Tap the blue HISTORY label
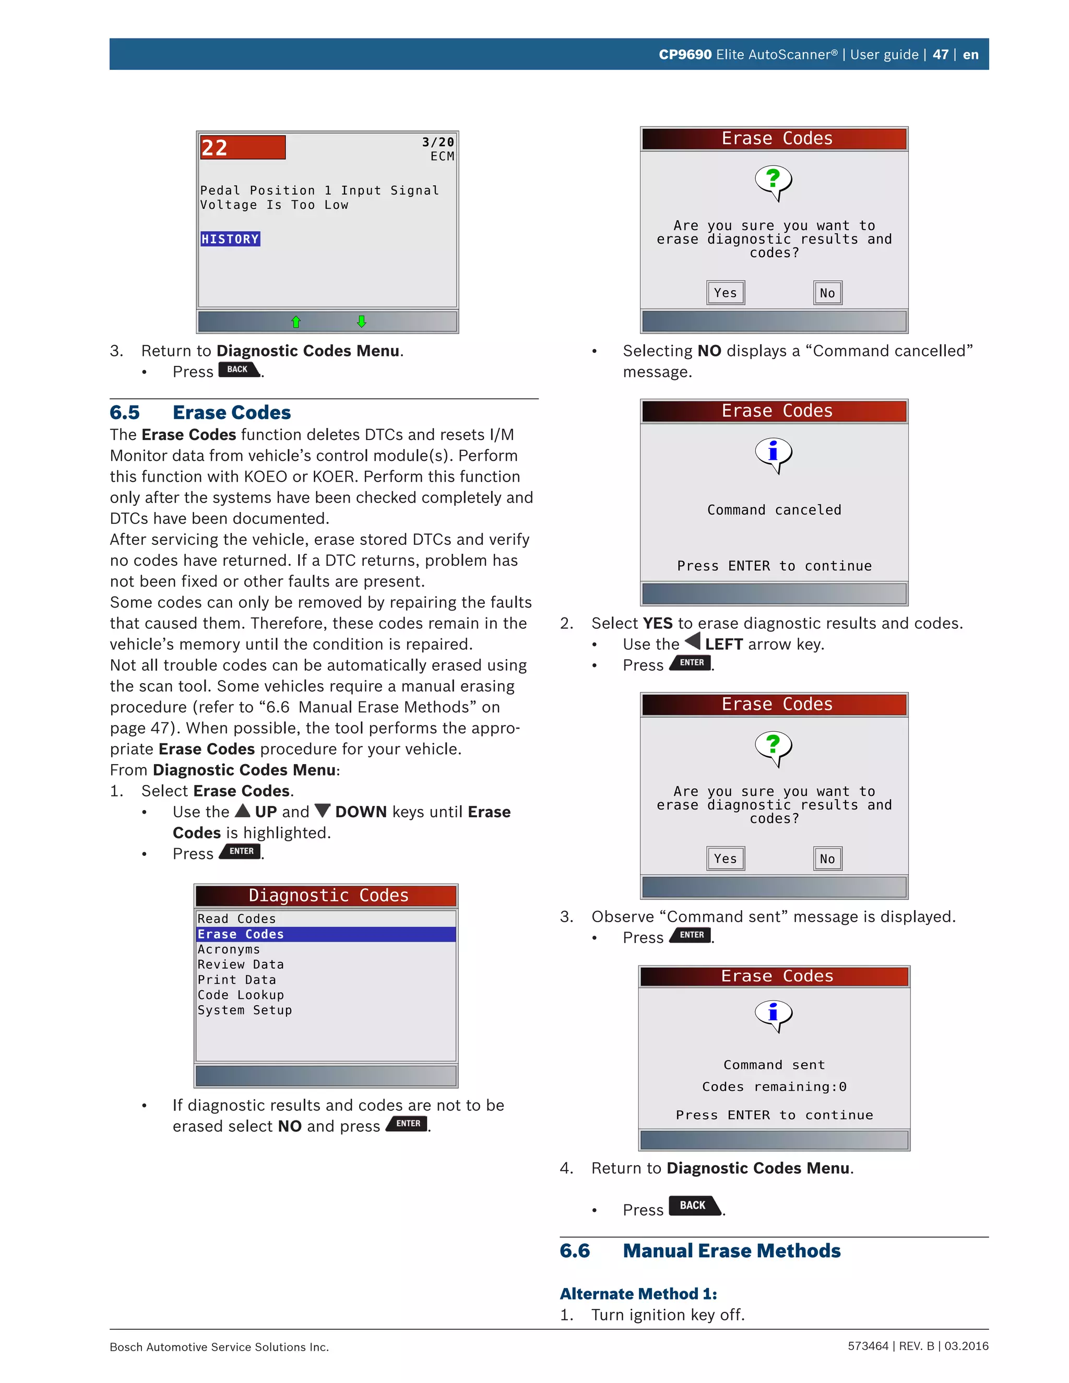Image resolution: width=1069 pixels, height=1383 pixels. (230, 239)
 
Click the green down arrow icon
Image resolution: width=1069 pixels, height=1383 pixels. (362, 321)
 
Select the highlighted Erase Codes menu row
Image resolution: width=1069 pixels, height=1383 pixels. (326, 934)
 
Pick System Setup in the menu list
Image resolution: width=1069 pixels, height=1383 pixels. (244, 1010)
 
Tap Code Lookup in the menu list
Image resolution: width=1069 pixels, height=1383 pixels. (241, 995)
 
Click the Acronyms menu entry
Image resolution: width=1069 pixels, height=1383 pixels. (229, 949)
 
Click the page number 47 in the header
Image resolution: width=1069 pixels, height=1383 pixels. (940, 54)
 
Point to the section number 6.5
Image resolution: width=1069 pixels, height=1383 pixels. (125, 412)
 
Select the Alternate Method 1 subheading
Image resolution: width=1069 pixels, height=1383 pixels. (638, 1294)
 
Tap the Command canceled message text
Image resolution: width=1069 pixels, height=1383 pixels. (774, 510)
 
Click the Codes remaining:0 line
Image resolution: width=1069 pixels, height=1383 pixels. (774, 1087)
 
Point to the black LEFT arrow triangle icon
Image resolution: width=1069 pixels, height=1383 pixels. (693, 641)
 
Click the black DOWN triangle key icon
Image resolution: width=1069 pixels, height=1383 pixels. (323, 810)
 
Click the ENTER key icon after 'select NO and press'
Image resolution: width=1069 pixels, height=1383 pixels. (408, 1124)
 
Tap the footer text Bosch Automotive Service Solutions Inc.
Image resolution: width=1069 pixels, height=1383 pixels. (219, 1347)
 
